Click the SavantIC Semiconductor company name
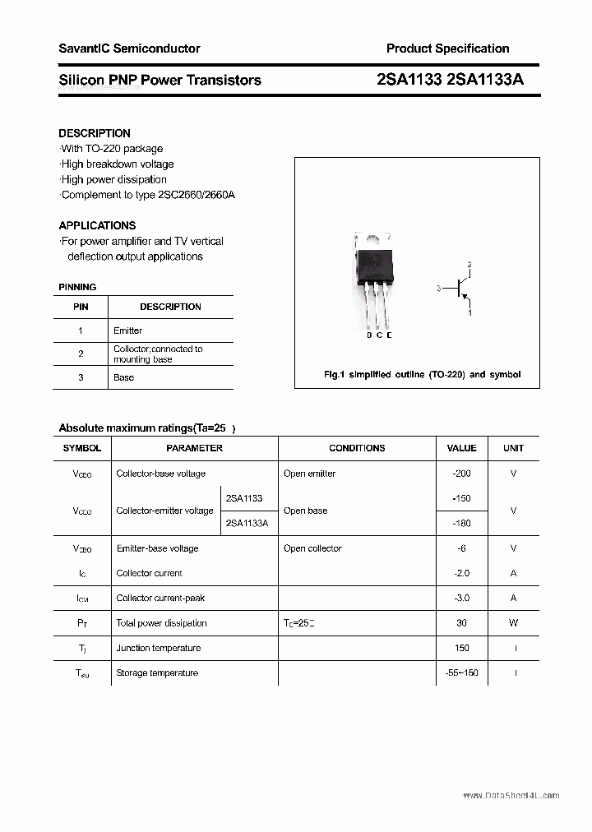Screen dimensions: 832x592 pyautogui.click(x=129, y=49)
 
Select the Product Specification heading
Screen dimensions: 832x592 pyautogui.click(x=447, y=49)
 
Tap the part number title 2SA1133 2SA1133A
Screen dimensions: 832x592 pyautogui.click(x=450, y=80)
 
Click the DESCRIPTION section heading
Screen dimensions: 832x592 pyautogui.click(x=95, y=133)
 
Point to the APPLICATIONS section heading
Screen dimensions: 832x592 pyautogui.click(x=97, y=225)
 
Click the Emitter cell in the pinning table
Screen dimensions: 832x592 pyautogui.click(x=127, y=330)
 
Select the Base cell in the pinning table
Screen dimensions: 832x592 pyautogui.click(x=123, y=377)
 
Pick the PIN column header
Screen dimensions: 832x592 pyautogui.click(x=81, y=307)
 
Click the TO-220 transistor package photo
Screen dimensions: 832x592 pyautogui.click(x=375, y=284)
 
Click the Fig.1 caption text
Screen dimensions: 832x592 pyautogui.click(x=422, y=374)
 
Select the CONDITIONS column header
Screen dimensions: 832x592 pyautogui.click(x=357, y=448)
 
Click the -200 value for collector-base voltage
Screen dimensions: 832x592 pyautogui.click(x=461, y=474)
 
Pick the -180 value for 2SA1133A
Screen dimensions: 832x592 pyautogui.click(x=461, y=523)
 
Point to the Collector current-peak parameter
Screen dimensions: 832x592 pyautogui.click(x=160, y=599)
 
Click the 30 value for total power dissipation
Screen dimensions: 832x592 pyautogui.click(x=461, y=623)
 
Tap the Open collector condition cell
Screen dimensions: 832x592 pyautogui.click(x=312, y=548)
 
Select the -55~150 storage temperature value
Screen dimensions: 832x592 pyautogui.click(x=461, y=673)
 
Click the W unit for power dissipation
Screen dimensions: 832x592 pyautogui.click(x=513, y=623)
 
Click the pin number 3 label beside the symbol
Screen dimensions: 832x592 pyautogui.click(x=439, y=289)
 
